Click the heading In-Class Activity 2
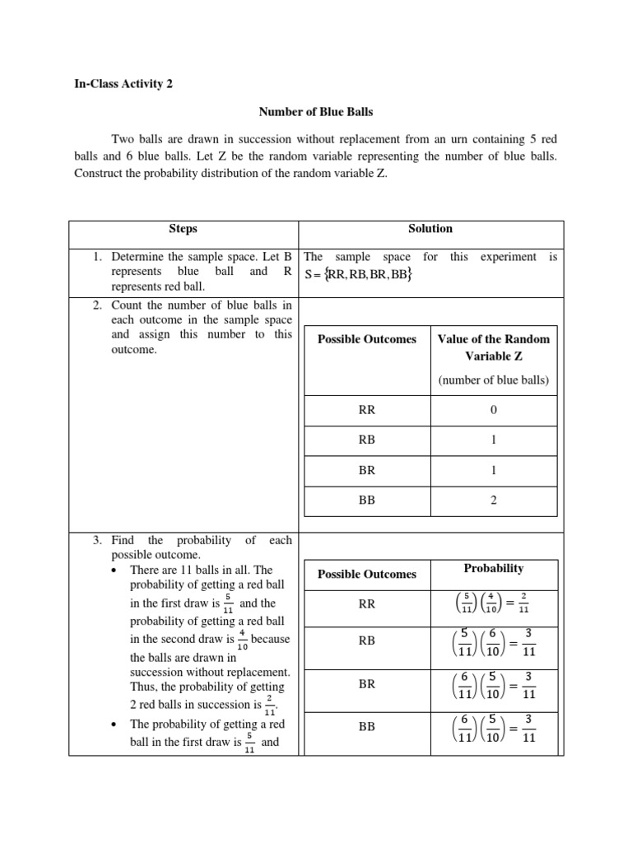(x=123, y=84)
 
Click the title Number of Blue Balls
(x=315, y=111)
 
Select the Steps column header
(x=183, y=229)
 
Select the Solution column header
(x=430, y=229)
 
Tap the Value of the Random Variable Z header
(x=493, y=347)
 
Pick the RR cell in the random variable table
(x=366, y=410)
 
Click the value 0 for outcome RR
(x=493, y=410)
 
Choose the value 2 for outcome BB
(x=493, y=499)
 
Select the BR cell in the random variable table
(x=366, y=469)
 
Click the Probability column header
(x=493, y=569)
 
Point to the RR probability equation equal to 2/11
(x=493, y=605)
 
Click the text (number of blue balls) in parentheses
(x=493, y=380)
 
